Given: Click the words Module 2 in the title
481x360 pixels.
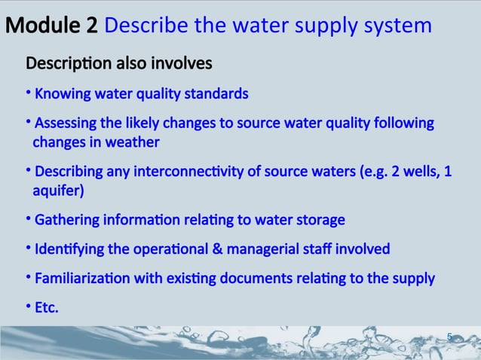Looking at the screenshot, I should click(51, 26).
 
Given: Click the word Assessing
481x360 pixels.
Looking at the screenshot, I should click(66, 123).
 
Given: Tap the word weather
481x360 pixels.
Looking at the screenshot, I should click(134, 142).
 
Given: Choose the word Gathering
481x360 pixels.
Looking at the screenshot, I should click(66, 221).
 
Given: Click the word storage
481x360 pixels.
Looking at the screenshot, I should click(320, 221).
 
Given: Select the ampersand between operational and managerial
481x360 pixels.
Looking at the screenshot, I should click(229, 249).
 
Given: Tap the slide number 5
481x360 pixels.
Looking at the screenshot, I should click(450, 337).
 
